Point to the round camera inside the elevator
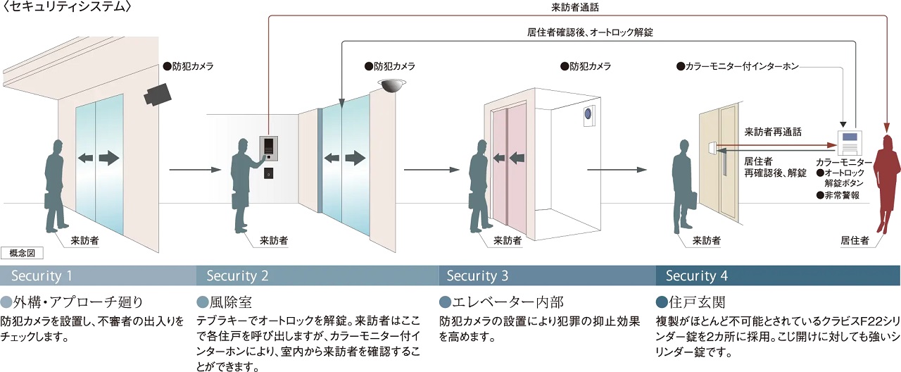click(x=587, y=113)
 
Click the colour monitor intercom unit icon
click(x=849, y=142)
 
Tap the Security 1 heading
click(x=41, y=275)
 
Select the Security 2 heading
click(x=237, y=275)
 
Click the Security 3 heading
click(x=477, y=275)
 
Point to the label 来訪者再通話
click(x=773, y=132)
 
